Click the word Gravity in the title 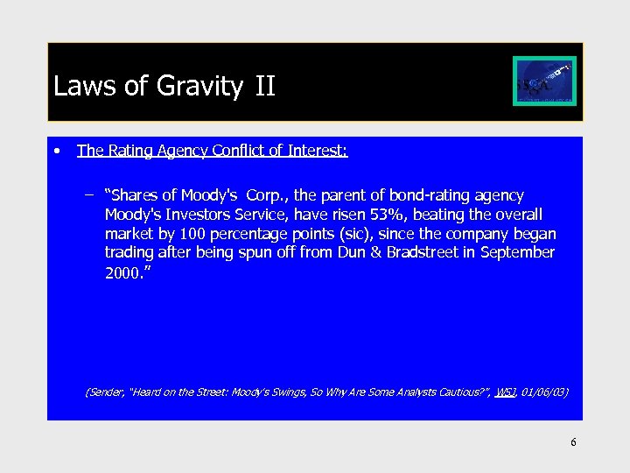pos(200,87)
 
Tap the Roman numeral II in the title pos(265,87)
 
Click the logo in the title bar pos(544,81)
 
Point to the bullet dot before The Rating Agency pos(57,151)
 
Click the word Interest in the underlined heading pos(314,151)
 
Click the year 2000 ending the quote pos(121,272)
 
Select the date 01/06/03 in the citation pos(543,392)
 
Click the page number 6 pos(573,442)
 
